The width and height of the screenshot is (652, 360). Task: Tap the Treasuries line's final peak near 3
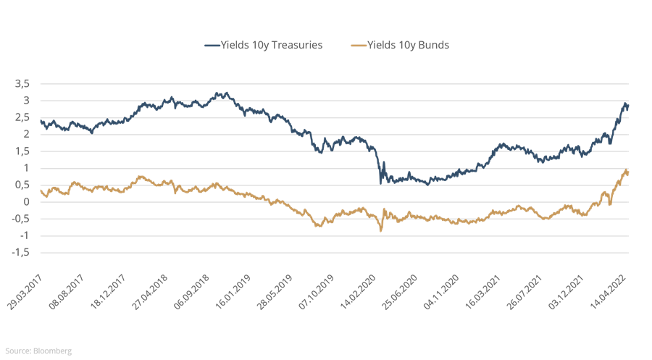point(624,104)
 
